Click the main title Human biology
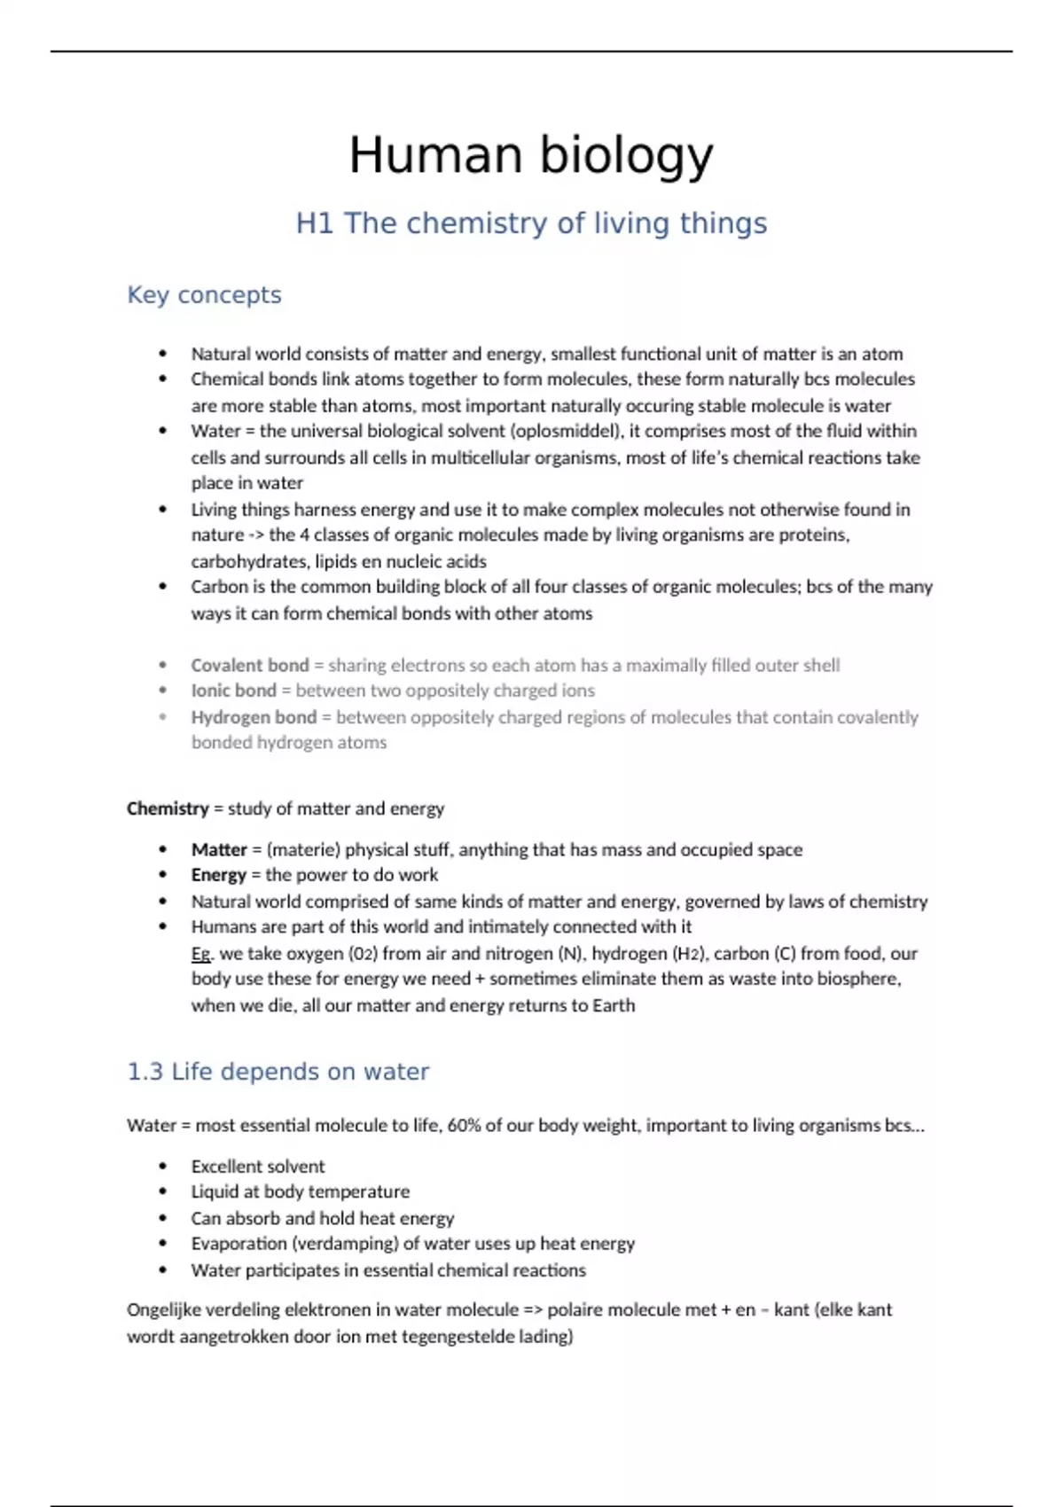pos(531,155)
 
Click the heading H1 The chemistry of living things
pos(531,223)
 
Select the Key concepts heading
pos(204,295)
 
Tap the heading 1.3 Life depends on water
pos(278,1072)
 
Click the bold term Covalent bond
pos(250,665)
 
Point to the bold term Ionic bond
pos(234,691)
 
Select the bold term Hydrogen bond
pos(254,717)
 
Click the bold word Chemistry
pos(168,808)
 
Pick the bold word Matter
pos(219,849)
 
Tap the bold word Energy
pos(219,875)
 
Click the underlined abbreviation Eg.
pos(201,954)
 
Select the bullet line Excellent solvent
pos(258,1167)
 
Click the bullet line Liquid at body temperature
pos(300,1192)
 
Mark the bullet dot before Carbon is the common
pos(163,587)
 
